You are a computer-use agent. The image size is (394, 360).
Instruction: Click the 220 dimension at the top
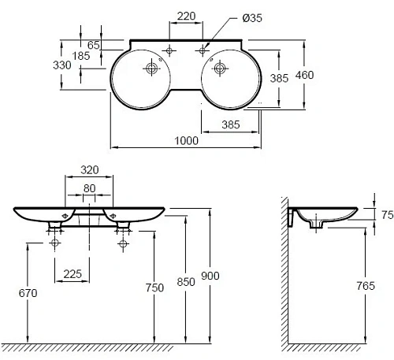pyautogui.click(x=186, y=15)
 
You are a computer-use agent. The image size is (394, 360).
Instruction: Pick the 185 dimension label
pyautogui.click(x=82, y=57)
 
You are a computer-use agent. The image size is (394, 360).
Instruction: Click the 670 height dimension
pyautogui.click(x=28, y=293)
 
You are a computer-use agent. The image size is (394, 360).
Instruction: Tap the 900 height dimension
pyautogui.click(x=210, y=275)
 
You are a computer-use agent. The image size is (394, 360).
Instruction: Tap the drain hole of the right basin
pyautogui.click(x=218, y=69)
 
